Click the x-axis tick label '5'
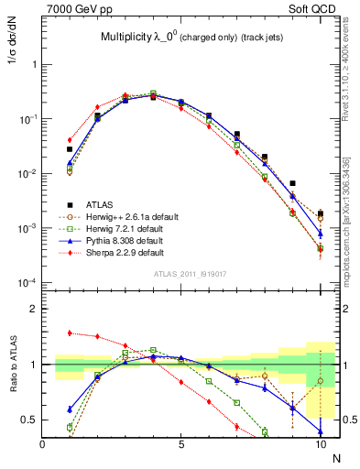pos(181,444)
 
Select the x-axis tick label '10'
pos(320,444)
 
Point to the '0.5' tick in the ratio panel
pos(31,420)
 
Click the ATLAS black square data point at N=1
pos(70,149)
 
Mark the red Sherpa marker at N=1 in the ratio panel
pos(70,333)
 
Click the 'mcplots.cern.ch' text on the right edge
pos(345,248)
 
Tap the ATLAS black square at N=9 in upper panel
pos(292,183)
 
